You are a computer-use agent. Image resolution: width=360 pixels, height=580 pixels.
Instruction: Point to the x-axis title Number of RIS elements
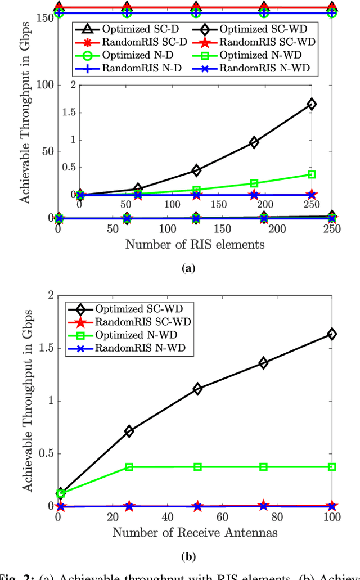tap(195, 244)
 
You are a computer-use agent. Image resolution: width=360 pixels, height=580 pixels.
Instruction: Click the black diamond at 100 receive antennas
tap(332, 334)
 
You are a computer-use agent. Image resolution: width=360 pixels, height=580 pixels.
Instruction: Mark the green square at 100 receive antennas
tap(332, 467)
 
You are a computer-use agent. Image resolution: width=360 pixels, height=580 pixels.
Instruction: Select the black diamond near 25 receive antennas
tap(129, 431)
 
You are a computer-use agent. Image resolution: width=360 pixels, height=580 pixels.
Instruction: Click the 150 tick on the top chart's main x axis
tap(222, 229)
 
